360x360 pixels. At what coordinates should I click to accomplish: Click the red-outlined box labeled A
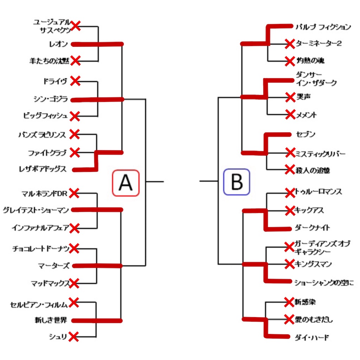click(x=126, y=183)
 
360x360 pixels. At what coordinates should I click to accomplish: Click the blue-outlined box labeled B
click(x=237, y=182)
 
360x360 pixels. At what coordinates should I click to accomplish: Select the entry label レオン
click(x=59, y=44)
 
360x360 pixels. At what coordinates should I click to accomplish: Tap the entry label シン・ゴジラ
click(x=51, y=99)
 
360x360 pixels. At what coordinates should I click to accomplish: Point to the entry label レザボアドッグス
click(x=43, y=169)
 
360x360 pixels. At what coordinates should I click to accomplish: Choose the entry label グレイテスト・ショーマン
click(x=36, y=210)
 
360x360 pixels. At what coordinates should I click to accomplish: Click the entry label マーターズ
click(x=54, y=266)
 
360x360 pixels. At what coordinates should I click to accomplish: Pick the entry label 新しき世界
click(x=51, y=320)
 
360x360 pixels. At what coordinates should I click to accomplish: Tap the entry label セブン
click(x=306, y=134)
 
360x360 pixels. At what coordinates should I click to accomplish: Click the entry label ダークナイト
click(x=313, y=227)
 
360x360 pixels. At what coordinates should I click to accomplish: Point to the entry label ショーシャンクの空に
click(x=324, y=283)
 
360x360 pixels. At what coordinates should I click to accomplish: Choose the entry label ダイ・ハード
click(x=312, y=337)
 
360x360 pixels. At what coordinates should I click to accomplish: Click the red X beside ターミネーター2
click(x=290, y=44)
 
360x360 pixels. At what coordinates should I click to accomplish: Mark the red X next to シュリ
click(x=73, y=336)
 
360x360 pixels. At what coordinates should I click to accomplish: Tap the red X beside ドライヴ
click(x=75, y=81)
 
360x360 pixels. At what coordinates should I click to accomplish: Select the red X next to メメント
click(x=290, y=114)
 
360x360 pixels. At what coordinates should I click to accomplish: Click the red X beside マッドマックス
click(x=74, y=283)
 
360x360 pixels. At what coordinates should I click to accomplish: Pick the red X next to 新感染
click(x=289, y=302)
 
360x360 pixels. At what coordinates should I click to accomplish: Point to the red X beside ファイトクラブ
click(x=75, y=153)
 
